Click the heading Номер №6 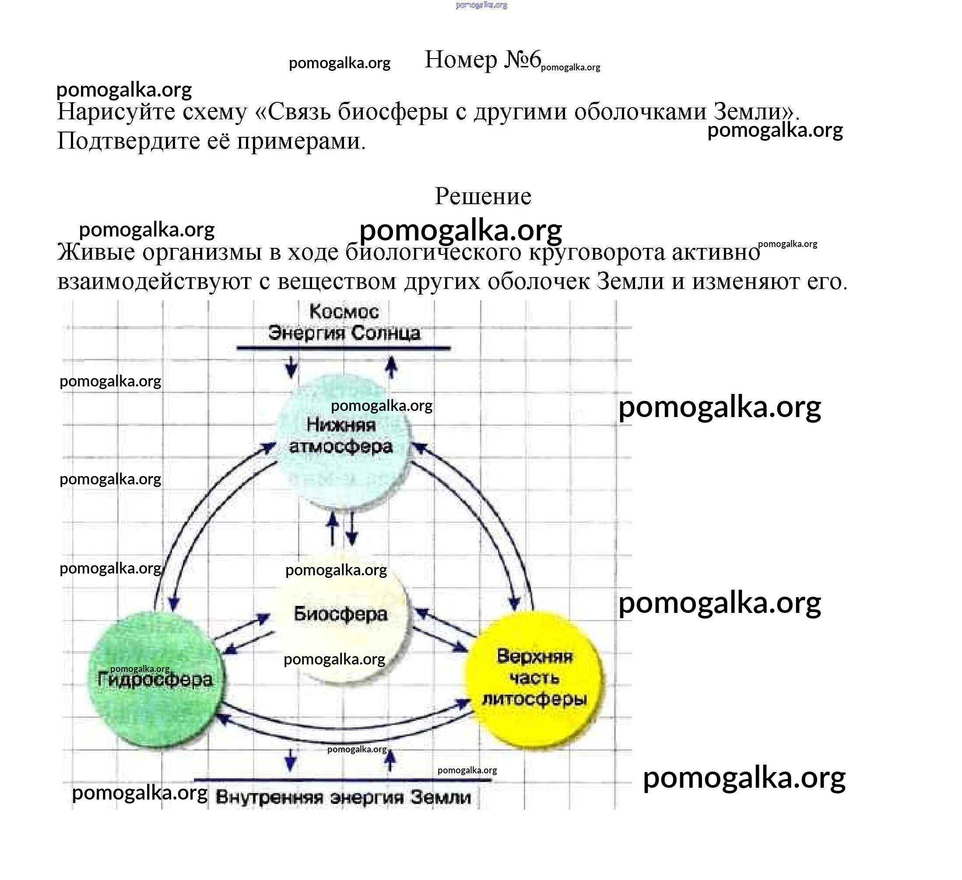tap(482, 60)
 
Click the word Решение tap(482, 196)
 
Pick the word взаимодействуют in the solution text tap(154, 282)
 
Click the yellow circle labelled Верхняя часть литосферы tap(534, 679)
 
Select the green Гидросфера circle tap(155, 680)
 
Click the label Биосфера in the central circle tap(340, 614)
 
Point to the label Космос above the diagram tap(344, 312)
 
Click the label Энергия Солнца tap(344, 333)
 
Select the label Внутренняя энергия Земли tap(343, 797)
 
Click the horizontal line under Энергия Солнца tap(343, 348)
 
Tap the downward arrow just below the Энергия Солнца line tap(291, 368)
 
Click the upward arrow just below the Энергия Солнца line tap(391, 367)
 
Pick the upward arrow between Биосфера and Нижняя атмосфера tap(333, 529)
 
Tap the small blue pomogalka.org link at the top tap(481, 5)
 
